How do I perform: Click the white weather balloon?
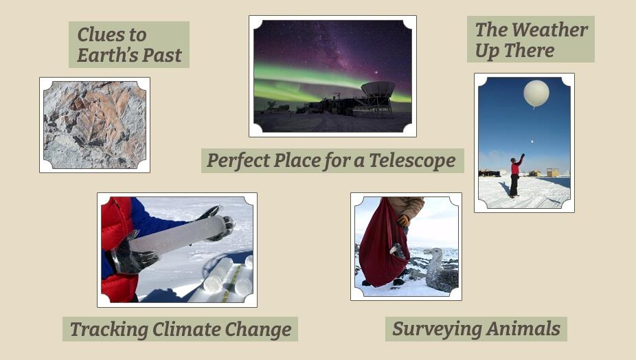[536, 93]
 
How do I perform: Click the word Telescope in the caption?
[412, 160]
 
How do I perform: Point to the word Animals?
[523, 328]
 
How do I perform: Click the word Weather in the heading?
[549, 30]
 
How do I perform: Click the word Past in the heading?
[162, 55]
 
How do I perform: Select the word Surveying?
[436, 329]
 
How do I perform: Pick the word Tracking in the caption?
[109, 330]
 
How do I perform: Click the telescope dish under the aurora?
[378, 89]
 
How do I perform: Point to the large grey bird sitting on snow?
[440, 269]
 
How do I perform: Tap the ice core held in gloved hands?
[177, 236]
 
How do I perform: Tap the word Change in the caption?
[258, 329]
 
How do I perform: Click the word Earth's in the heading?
[107, 55]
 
